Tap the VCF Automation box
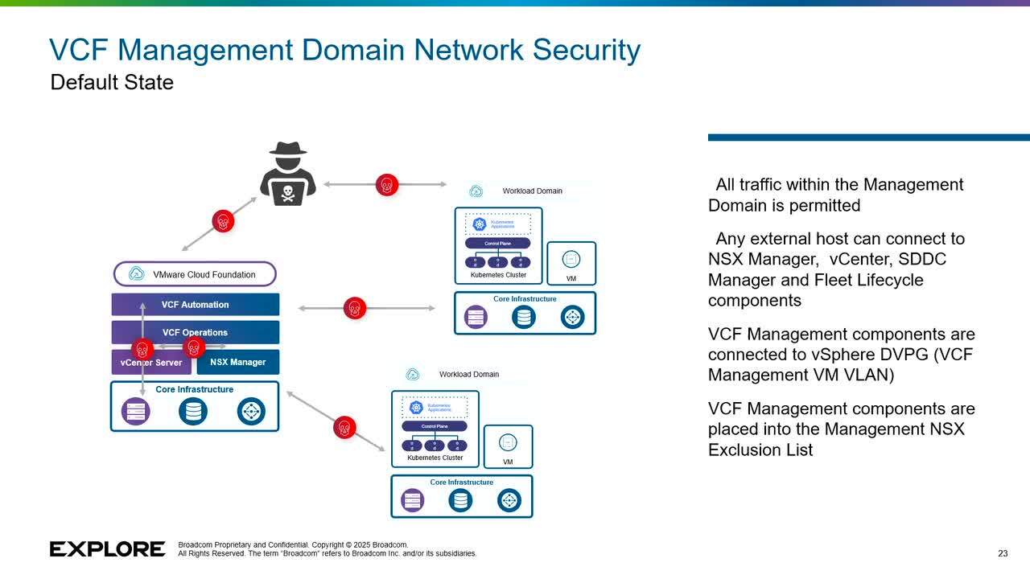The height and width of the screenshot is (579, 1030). tap(196, 305)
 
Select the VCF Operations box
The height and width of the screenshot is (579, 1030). tap(196, 332)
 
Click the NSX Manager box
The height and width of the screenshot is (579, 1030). tap(238, 362)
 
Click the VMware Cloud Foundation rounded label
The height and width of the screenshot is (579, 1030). tap(196, 274)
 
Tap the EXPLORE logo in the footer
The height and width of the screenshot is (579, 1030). tap(108, 549)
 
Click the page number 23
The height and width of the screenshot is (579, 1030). tap(1003, 553)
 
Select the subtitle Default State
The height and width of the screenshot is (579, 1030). tap(112, 82)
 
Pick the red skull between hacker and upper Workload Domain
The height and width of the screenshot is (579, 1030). tap(387, 185)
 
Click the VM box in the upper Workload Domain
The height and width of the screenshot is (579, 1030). tap(571, 263)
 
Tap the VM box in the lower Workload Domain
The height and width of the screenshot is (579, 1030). tap(508, 446)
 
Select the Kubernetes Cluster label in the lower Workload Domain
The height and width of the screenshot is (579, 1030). tap(435, 458)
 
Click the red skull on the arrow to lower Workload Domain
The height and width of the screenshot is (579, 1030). tap(344, 427)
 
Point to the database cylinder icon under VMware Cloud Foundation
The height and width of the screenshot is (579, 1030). tap(193, 412)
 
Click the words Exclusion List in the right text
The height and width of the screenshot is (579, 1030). tap(760, 450)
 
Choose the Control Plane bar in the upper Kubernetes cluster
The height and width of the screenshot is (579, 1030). tap(498, 243)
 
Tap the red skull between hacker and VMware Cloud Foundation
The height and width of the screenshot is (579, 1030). tap(223, 220)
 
